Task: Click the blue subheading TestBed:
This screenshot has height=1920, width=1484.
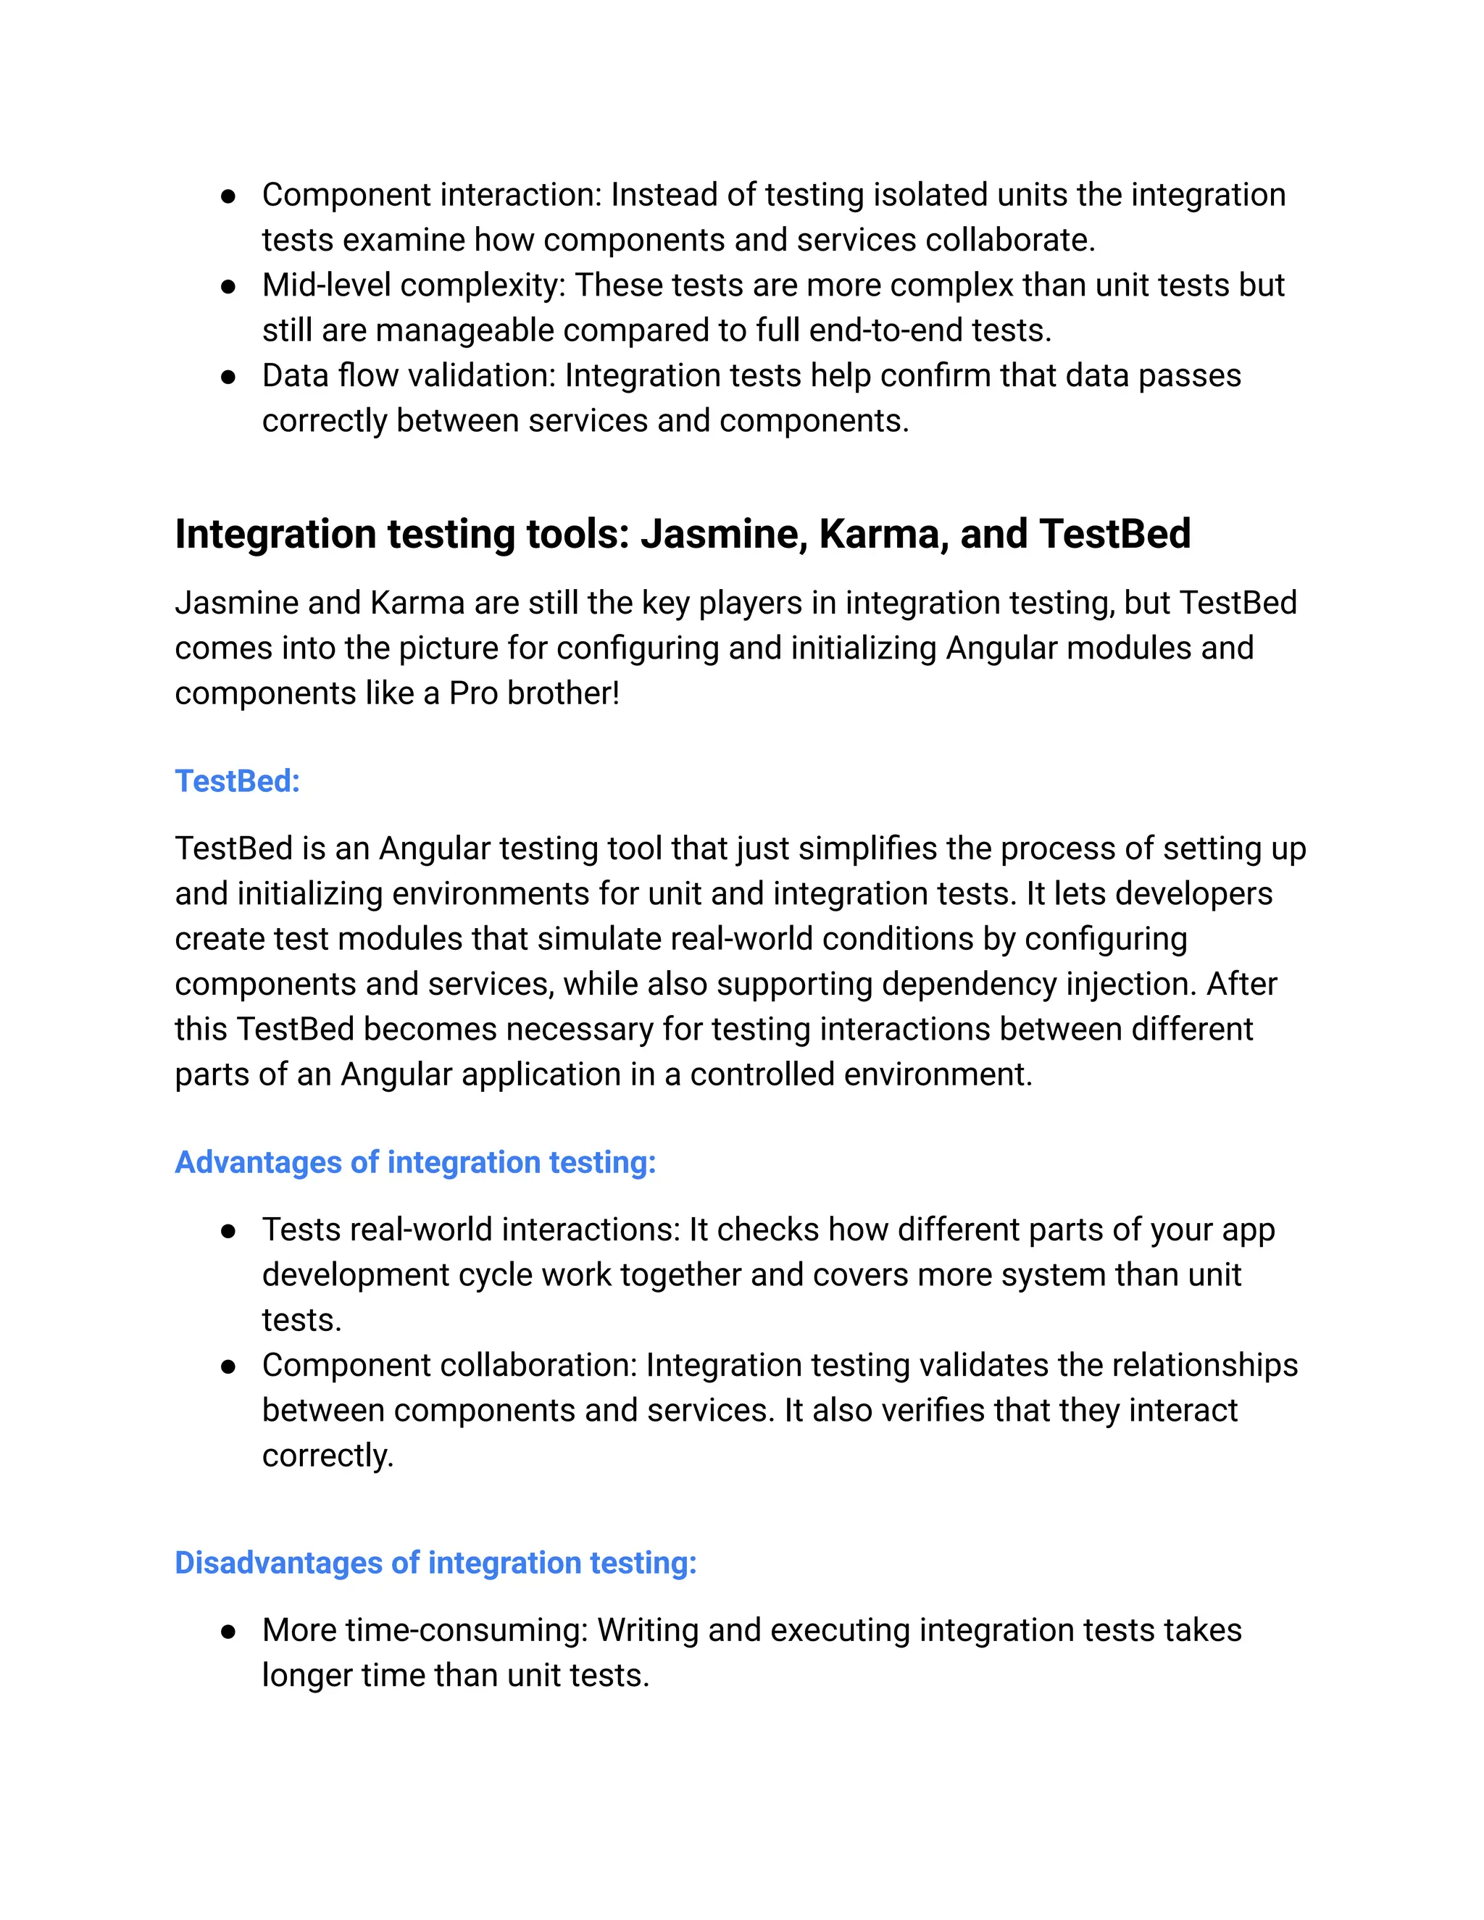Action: [x=238, y=780]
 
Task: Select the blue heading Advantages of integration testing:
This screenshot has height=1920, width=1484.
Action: [x=415, y=1162]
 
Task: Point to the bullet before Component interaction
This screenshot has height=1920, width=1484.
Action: [x=228, y=196]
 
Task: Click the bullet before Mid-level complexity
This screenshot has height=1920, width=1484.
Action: [x=228, y=287]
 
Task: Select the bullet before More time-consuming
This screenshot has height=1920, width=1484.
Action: [x=228, y=1632]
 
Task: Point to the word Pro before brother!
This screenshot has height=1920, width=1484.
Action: [x=473, y=693]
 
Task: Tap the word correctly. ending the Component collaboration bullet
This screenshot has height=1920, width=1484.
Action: [x=327, y=1456]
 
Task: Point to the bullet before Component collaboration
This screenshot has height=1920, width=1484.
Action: [x=228, y=1367]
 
